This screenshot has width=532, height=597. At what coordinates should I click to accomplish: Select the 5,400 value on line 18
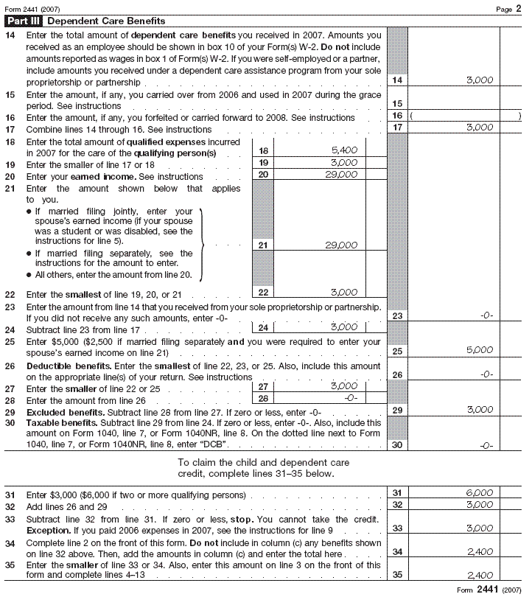coord(344,150)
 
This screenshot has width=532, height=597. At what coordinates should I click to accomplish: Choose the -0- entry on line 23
coord(486,315)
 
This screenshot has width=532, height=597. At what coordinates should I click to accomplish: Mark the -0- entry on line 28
coord(351,398)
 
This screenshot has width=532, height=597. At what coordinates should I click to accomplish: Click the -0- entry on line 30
coord(486,445)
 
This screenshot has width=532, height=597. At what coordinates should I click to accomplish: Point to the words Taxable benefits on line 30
coord(58,424)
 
